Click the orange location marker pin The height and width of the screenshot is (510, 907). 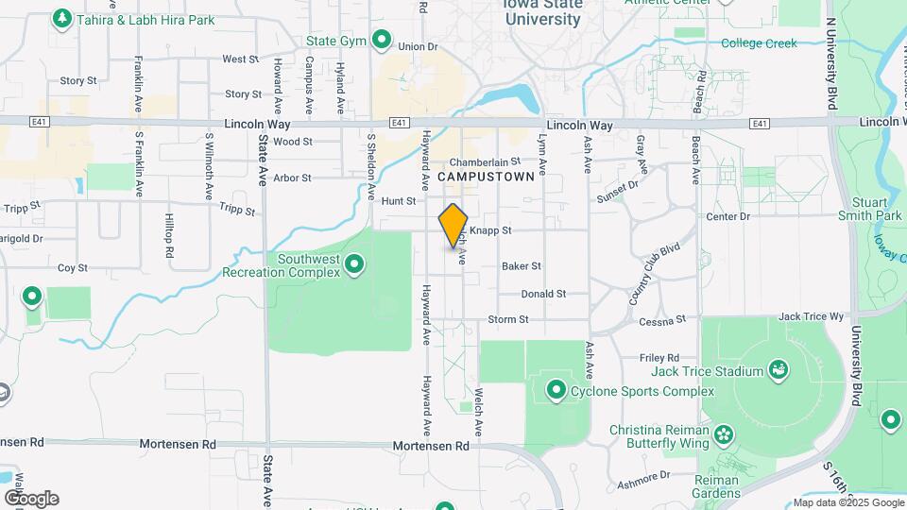click(x=453, y=225)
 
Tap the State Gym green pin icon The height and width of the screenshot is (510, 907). click(x=382, y=40)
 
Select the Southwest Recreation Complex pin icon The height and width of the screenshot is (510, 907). click(x=355, y=263)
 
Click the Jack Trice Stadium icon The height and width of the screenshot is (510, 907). click(x=779, y=368)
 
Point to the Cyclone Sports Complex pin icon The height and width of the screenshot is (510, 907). click(x=556, y=389)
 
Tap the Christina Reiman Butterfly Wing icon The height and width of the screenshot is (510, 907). click(x=724, y=434)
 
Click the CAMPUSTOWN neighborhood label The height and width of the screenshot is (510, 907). click(x=486, y=176)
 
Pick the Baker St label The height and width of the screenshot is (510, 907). click(x=522, y=266)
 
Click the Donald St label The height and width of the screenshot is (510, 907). click(x=543, y=294)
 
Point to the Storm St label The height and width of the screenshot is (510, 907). click(x=507, y=320)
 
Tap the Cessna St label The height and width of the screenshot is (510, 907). click(x=661, y=321)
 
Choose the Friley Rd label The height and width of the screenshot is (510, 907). click(x=659, y=358)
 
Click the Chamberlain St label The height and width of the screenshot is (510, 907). click(x=485, y=161)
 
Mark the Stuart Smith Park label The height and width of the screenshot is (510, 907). click(x=868, y=209)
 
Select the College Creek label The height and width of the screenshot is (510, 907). click(x=759, y=43)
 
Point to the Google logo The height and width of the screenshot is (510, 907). click(x=30, y=499)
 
